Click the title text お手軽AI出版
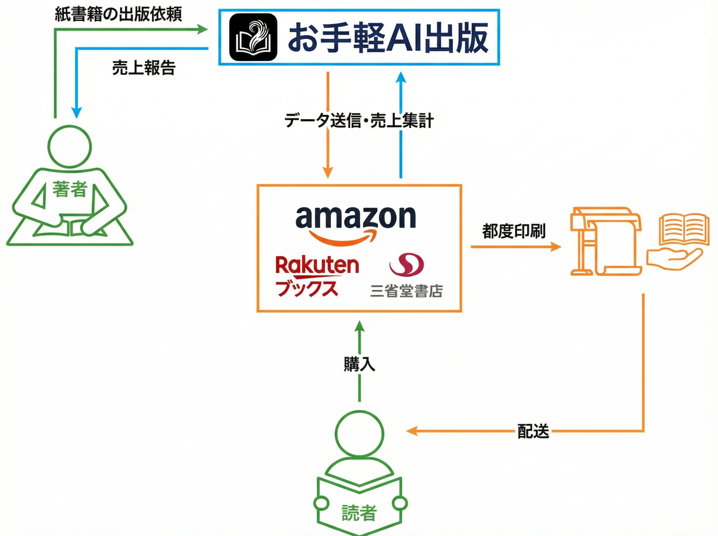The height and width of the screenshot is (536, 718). coord(388,38)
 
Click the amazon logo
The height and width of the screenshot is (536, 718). coord(355,223)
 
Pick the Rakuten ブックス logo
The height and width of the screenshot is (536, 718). coord(317,276)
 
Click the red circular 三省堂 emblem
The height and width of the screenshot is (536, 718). coord(406,264)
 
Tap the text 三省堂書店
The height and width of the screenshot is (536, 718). coord(406,291)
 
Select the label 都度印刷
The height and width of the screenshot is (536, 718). coord(514,232)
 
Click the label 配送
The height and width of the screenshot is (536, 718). coord(533,431)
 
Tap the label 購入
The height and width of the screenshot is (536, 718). coord(359,364)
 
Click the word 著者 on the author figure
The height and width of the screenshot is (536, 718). coord(70,190)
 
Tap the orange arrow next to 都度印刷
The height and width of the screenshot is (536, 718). coord(515,246)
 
